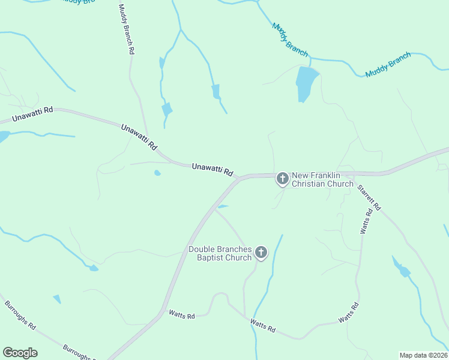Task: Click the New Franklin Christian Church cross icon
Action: coord(282,178)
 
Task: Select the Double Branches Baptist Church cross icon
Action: coord(261,253)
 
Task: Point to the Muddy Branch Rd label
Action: coord(125,29)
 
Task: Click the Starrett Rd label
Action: coord(369,196)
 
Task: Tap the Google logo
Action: coord(20,353)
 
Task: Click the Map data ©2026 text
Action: coord(423,355)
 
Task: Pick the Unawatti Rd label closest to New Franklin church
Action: coord(212,170)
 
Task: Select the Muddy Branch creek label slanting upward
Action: coord(388,65)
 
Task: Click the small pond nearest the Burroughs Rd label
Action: coord(57,299)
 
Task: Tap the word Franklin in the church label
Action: coord(330,176)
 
